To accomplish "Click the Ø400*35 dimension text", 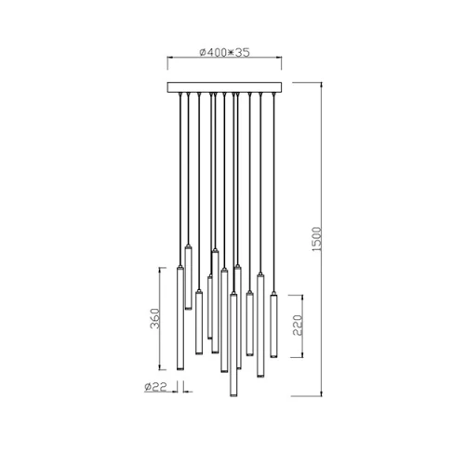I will pos(226,53).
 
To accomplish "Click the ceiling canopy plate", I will pos(226,87).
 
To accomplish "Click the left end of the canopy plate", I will pos(168,87).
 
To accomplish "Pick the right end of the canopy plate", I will pos(284,87).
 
